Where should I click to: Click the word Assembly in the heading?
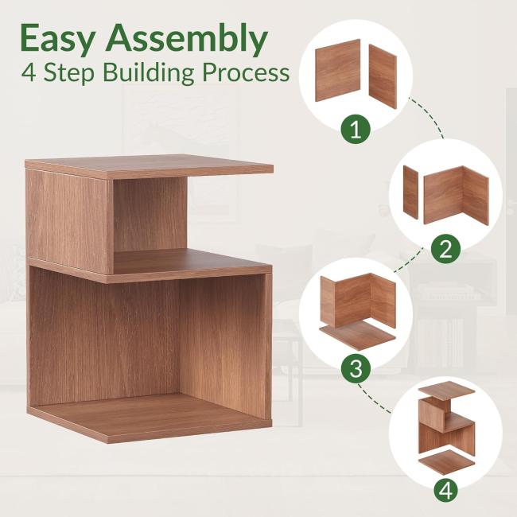click(x=185, y=39)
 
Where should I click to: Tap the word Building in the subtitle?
click(x=149, y=72)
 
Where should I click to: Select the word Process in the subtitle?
click(x=246, y=72)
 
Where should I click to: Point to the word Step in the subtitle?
click(x=69, y=73)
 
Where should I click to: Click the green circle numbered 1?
click(x=356, y=130)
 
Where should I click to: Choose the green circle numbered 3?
click(x=356, y=368)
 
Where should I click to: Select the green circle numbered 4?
click(x=445, y=491)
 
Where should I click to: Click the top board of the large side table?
click(x=149, y=168)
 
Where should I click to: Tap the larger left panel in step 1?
click(x=337, y=70)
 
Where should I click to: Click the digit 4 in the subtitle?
click(x=29, y=72)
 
